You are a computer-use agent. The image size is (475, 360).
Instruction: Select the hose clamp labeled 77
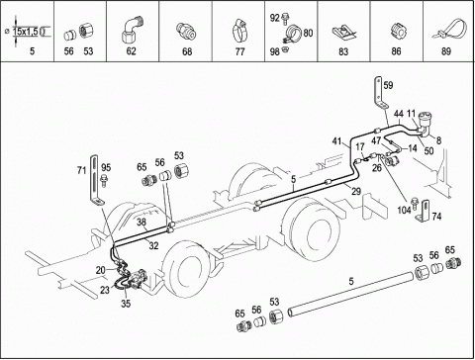click(239, 32)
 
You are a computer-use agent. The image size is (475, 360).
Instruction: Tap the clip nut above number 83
click(344, 33)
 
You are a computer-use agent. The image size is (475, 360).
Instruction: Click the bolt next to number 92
click(285, 19)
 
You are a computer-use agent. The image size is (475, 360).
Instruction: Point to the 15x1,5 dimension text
click(26, 32)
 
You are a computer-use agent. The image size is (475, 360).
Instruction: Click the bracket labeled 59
click(380, 93)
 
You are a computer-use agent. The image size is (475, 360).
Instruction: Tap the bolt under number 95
click(105, 180)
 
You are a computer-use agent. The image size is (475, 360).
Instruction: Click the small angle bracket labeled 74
click(425, 212)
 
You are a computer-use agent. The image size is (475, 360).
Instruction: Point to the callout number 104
click(404, 210)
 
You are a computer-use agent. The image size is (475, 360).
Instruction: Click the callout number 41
click(336, 141)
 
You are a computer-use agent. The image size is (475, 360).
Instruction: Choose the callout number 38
click(142, 222)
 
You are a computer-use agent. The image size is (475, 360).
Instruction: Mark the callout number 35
click(126, 304)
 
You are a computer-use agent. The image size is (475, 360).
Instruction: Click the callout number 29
click(356, 191)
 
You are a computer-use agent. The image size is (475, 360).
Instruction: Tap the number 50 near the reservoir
click(428, 151)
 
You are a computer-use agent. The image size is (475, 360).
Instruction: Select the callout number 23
click(105, 290)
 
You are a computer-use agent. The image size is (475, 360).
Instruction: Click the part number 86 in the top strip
click(396, 51)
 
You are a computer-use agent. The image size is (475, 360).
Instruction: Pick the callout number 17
click(360, 146)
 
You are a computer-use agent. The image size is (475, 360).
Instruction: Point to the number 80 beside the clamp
click(308, 33)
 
